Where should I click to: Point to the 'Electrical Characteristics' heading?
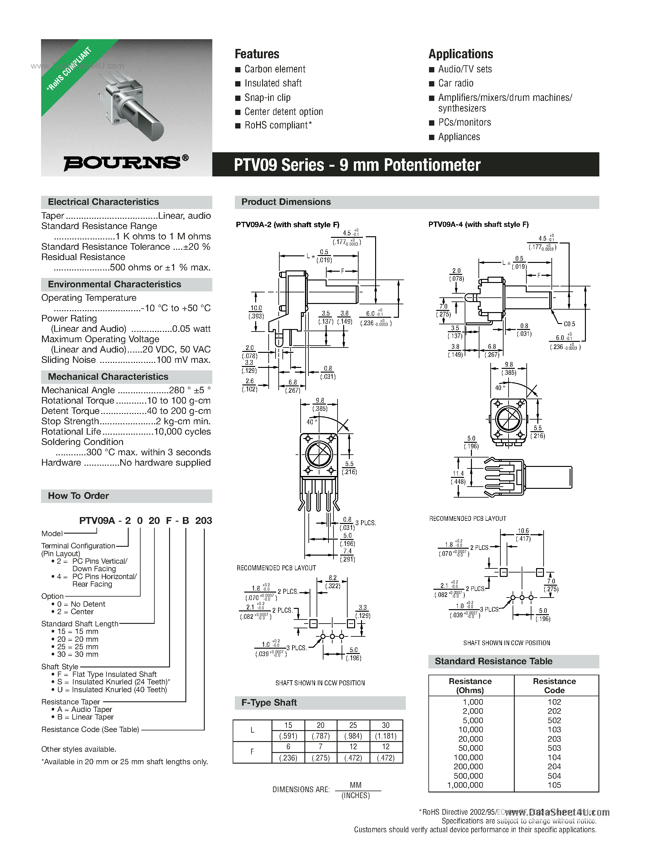pos(103,202)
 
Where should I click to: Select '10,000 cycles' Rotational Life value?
pos(182,431)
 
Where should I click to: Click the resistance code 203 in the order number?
pos(203,521)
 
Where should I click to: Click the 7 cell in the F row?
pos(320,746)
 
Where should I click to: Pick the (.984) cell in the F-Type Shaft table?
pos(353,736)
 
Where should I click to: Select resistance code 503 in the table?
pos(554,748)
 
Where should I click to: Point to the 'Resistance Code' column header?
pos(554,686)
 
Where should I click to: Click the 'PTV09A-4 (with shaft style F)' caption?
pos(478,224)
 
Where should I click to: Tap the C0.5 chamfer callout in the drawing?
pos(569,324)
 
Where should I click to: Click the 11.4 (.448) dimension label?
pos(458,478)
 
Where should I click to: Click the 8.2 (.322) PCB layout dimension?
pos(333,582)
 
